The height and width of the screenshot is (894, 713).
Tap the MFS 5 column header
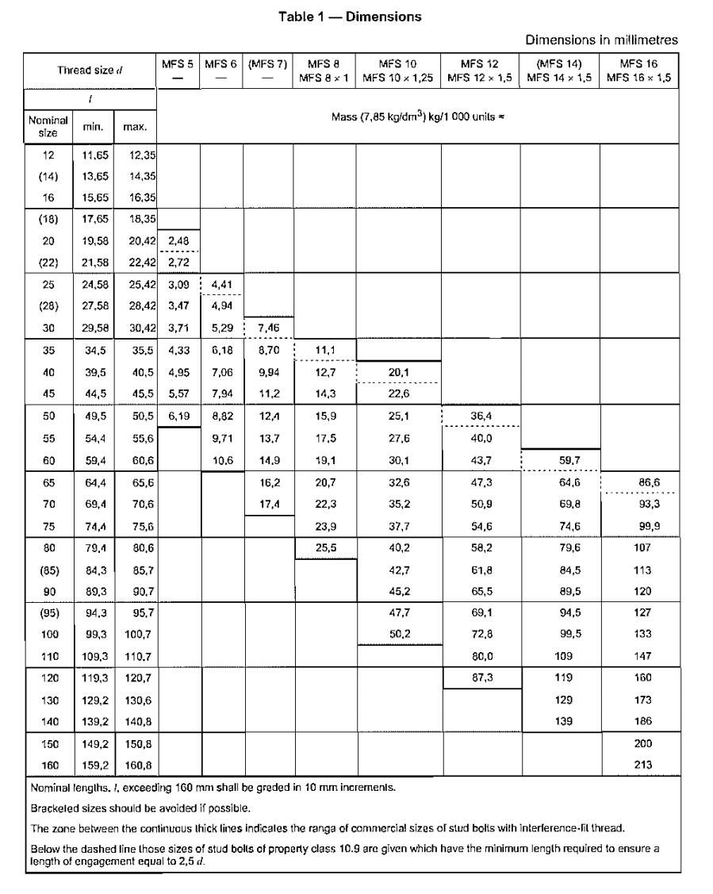coord(178,63)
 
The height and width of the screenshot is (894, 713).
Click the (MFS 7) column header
coord(267,63)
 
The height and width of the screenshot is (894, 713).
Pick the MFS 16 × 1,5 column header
coord(639,69)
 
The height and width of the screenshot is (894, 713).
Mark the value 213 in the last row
coord(639,766)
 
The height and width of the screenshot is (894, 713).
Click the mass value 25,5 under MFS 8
coord(324,547)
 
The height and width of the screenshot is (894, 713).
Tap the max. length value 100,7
coord(131,635)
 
